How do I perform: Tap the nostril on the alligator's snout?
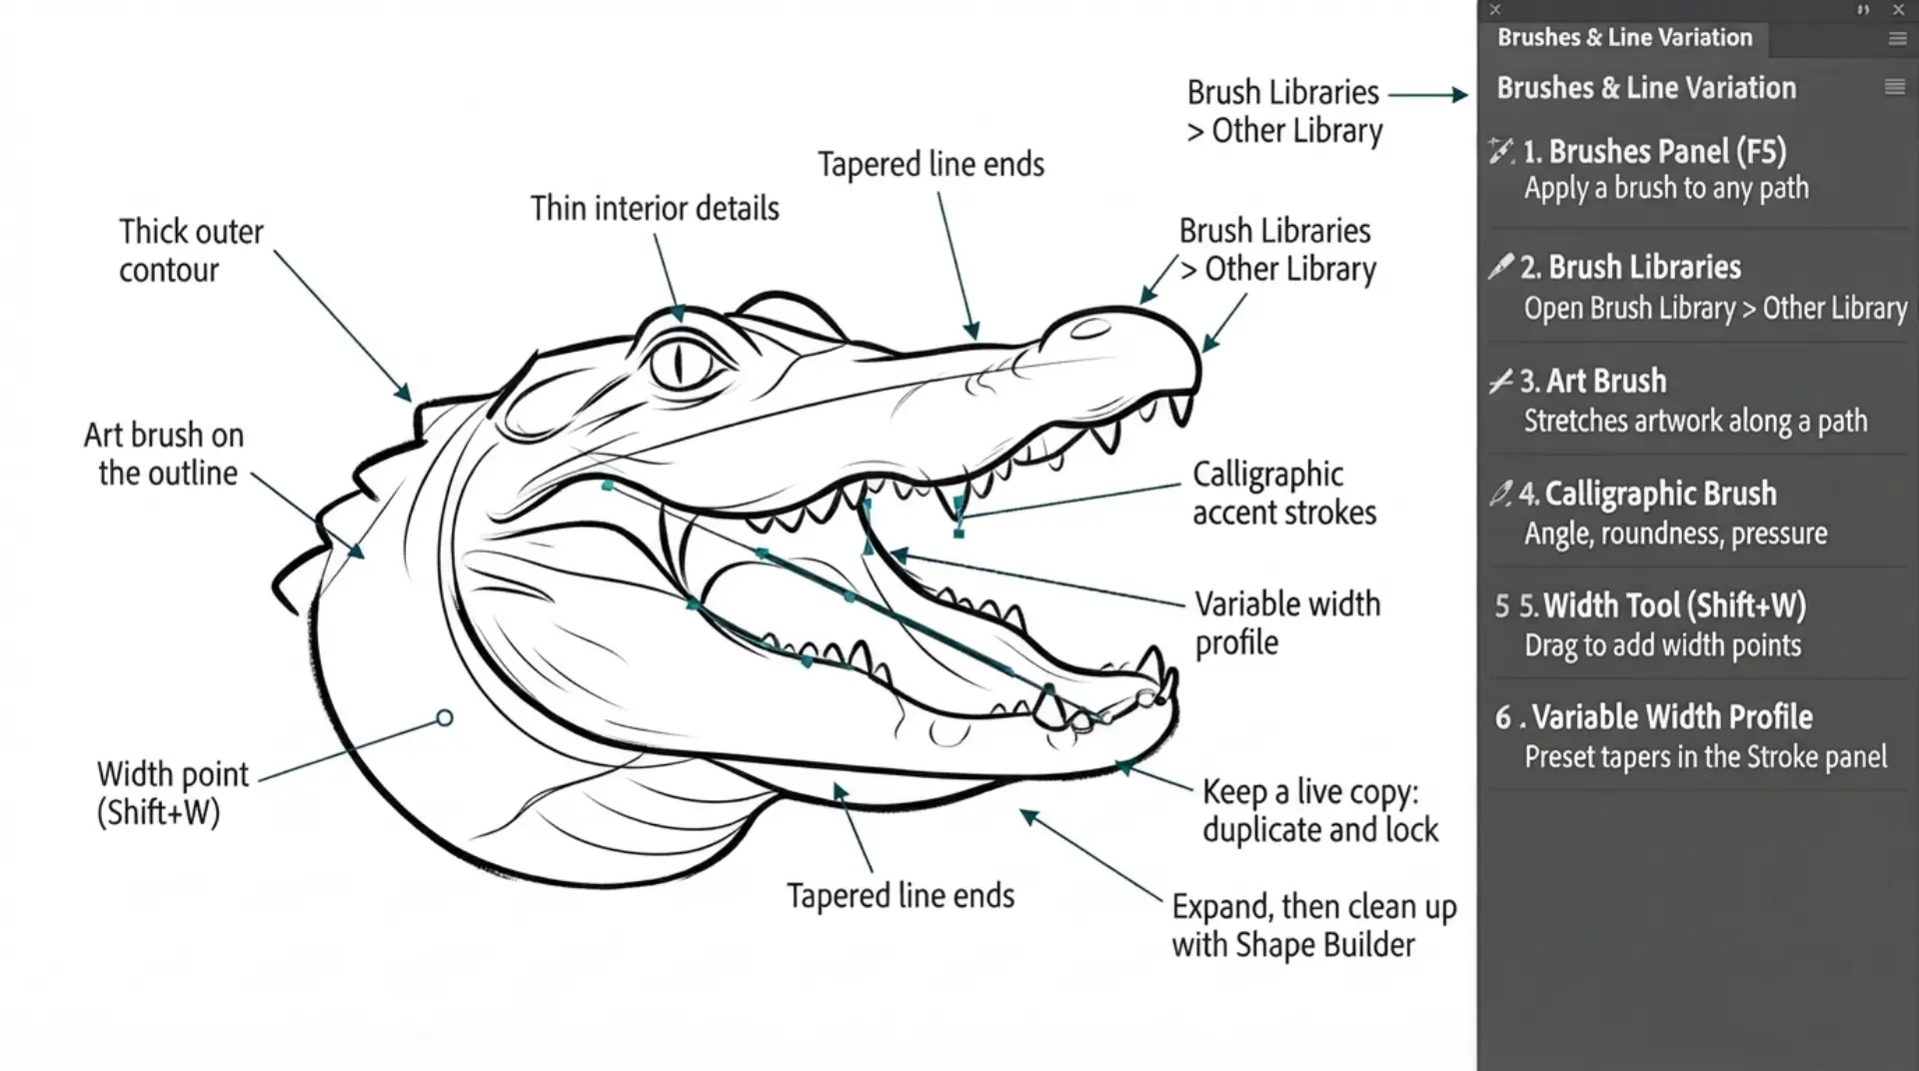pyautogui.click(x=1089, y=328)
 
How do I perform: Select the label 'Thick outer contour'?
pyautogui.click(x=191, y=251)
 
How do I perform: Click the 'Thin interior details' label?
pyautogui.click(x=655, y=208)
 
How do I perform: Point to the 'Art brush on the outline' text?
pyautogui.click(x=164, y=454)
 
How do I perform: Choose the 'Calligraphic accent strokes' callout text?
pyautogui.click(x=1284, y=494)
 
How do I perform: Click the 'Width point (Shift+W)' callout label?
pyautogui.click(x=172, y=792)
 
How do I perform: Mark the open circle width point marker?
pyautogui.click(x=445, y=717)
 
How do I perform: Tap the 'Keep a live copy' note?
pyautogui.click(x=1320, y=810)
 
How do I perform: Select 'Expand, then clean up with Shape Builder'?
pyautogui.click(x=1314, y=925)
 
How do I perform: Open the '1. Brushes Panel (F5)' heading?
pyautogui.click(x=1654, y=151)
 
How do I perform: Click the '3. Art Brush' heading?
pyautogui.click(x=1593, y=381)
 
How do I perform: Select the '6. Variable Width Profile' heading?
pyautogui.click(x=1654, y=716)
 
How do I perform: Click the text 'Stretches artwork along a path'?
pyautogui.click(x=1695, y=421)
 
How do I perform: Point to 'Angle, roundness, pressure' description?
pyautogui.click(x=1675, y=534)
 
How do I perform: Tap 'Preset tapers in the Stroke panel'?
pyautogui.click(x=1705, y=756)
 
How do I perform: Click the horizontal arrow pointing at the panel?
pyautogui.click(x=1428, y=95)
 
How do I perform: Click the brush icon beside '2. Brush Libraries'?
pyautogui.click(x=1500, y=266)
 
